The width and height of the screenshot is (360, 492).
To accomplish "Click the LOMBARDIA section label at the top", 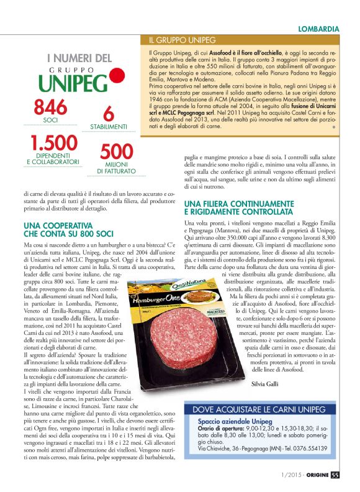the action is pyautogui.click(x=318, y=29).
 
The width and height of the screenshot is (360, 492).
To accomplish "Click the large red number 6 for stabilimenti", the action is pyautogui.click(x=109, y=113).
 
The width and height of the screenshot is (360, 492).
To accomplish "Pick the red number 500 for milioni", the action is pyautogui.click(x=116, y=152).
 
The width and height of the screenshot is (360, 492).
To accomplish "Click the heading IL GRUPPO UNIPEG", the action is pyautogui.click(x=182, y=40).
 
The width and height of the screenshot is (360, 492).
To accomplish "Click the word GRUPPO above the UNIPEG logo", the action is pyautogui.click(x=75, y=71).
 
